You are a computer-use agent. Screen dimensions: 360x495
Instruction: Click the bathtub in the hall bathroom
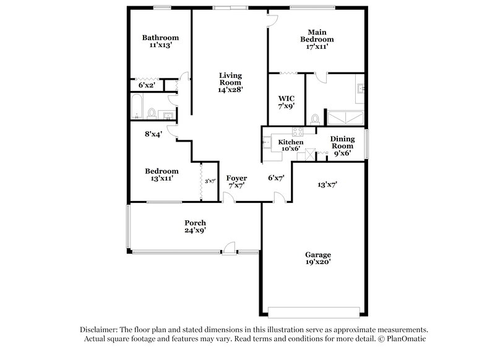coord(136,106)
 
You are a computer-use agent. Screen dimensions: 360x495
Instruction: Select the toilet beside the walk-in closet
coord(315,118)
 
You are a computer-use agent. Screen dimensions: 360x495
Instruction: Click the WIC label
coord(286,98)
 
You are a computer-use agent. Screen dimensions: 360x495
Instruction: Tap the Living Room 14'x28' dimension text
coord(230,90)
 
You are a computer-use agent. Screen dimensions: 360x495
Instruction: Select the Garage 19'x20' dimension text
coord(317,262)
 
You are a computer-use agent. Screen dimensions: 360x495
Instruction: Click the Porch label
coord(195,223)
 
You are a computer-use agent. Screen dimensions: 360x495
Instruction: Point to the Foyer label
coord(236,178)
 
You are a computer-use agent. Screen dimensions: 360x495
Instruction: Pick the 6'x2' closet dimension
coord(147,85)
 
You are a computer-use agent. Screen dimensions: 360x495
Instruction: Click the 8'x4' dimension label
coord(152,133)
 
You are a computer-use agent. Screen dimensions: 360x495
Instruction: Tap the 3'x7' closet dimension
coord(210,181)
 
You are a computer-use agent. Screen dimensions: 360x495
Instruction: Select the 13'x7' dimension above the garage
coord(327,184)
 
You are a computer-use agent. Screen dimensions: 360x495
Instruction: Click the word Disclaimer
coord(100,330)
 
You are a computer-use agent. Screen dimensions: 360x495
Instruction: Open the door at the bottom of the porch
coord(230,251)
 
